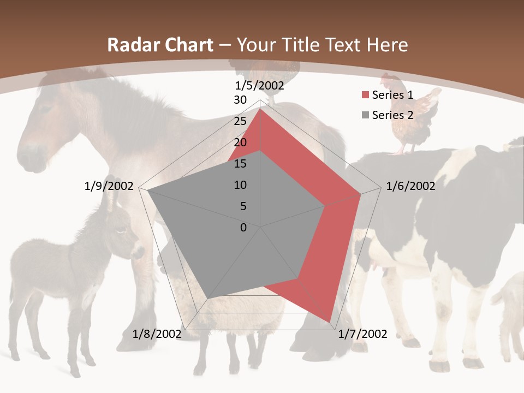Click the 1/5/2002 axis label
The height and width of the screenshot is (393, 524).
pos(260,86)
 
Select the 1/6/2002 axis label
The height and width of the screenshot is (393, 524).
pos(410,186)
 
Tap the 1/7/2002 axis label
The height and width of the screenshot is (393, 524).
pos(363,334)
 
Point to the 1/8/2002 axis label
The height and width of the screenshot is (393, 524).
pos(157,334)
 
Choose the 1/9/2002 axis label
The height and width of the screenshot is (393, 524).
pos(109,186)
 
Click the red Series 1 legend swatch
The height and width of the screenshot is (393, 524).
pos(365,96)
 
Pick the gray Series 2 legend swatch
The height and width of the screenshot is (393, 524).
pos(365,115)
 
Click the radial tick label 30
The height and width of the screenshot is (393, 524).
pos(240,100)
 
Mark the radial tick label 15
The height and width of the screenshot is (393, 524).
pos(240,164)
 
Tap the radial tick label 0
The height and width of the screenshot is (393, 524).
pos(243,228)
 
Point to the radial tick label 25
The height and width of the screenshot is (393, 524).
pos(240,121)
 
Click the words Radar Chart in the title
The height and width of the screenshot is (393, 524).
pos(160,45)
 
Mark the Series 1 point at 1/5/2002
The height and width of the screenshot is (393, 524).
pos(260,109)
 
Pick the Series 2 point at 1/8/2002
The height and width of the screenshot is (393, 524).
pos(207,298)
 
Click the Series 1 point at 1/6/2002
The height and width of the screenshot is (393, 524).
pos(361,194)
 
